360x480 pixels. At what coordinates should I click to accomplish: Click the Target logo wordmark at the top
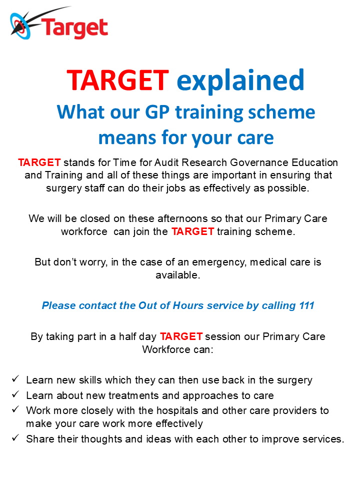[74, 28]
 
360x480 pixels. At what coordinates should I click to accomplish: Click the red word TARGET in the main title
[118, 80]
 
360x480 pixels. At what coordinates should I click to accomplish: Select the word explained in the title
[240, 81]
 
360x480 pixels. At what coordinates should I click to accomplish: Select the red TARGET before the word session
[181, 336]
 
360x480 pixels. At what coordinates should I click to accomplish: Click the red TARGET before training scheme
[192, 231]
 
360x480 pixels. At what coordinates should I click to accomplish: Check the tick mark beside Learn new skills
[15, 378]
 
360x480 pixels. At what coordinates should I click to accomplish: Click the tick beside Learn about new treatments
[15, 394]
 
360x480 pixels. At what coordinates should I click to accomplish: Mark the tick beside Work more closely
[15, 409]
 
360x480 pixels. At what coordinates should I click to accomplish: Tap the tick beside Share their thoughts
[15, 438]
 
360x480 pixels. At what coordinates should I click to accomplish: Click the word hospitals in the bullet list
[177, 411]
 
